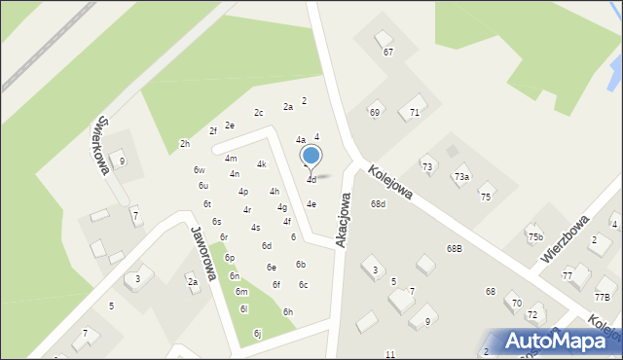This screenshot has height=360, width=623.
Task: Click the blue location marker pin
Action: point(311,157)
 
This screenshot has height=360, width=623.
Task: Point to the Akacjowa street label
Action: point(343,218)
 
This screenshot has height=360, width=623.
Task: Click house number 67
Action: point(388,52)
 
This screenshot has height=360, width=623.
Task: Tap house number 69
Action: point(374,113)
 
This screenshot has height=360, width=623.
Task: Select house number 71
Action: point(414,113)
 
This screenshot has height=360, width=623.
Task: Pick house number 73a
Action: point(461,177)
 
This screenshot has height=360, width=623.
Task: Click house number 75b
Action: point(534,236)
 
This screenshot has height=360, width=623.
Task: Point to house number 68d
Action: point(378,203)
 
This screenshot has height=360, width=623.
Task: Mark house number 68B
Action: point(455,248)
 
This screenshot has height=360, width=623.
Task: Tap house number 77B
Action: point(603,297)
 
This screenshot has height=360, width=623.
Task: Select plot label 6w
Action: point(199,170)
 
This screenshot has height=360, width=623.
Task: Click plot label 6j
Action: point(257,333)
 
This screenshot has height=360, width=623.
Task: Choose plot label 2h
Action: point(184,144)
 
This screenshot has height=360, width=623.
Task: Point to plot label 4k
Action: point(261,164)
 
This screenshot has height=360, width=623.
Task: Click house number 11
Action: point(390,353)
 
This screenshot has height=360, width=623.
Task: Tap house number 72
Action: point(532,315)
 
